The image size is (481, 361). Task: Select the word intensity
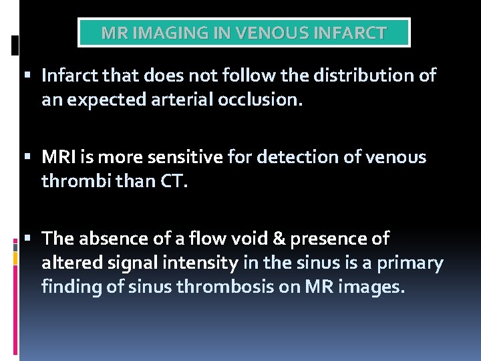tap(202, 263)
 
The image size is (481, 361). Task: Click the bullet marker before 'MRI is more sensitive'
tap(33, 157)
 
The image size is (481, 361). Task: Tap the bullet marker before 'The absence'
tap(33, 239)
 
